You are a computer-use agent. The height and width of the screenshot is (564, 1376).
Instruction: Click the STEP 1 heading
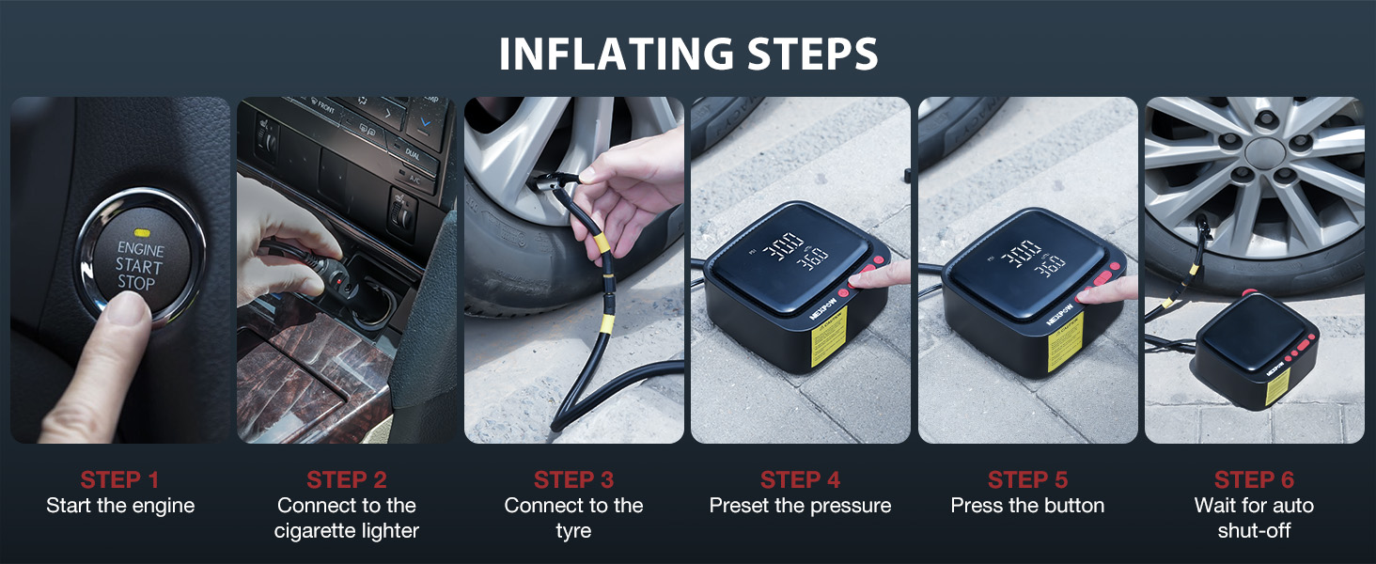(x=120, y=479)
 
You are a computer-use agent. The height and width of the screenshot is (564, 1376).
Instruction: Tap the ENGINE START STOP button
(x=140, y=259)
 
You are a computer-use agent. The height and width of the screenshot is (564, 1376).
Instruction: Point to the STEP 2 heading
(x=347, y=479)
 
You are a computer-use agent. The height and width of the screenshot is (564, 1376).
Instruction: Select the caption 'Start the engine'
(x=120, y=506)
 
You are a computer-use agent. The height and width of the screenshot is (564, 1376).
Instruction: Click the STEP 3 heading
(x=573, y=479)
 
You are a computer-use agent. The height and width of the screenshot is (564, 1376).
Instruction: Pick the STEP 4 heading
(x=800, y=479)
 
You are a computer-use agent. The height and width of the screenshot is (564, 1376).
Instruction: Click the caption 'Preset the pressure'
(x=800, y=506)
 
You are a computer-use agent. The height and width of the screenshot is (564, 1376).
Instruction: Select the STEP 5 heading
(x=1027, y=479)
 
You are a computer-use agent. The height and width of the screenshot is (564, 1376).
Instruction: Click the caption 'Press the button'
(x=1027, y=506)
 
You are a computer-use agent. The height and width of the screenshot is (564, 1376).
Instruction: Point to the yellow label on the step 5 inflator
(x=1066, y=341)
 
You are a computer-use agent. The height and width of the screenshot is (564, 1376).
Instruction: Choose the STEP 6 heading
(x=1254, y=479)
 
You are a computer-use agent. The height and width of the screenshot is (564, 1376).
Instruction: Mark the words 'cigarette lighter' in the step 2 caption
(x=347, y=531)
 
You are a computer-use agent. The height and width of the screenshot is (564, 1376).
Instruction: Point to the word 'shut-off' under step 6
(x=1254, y=531)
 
